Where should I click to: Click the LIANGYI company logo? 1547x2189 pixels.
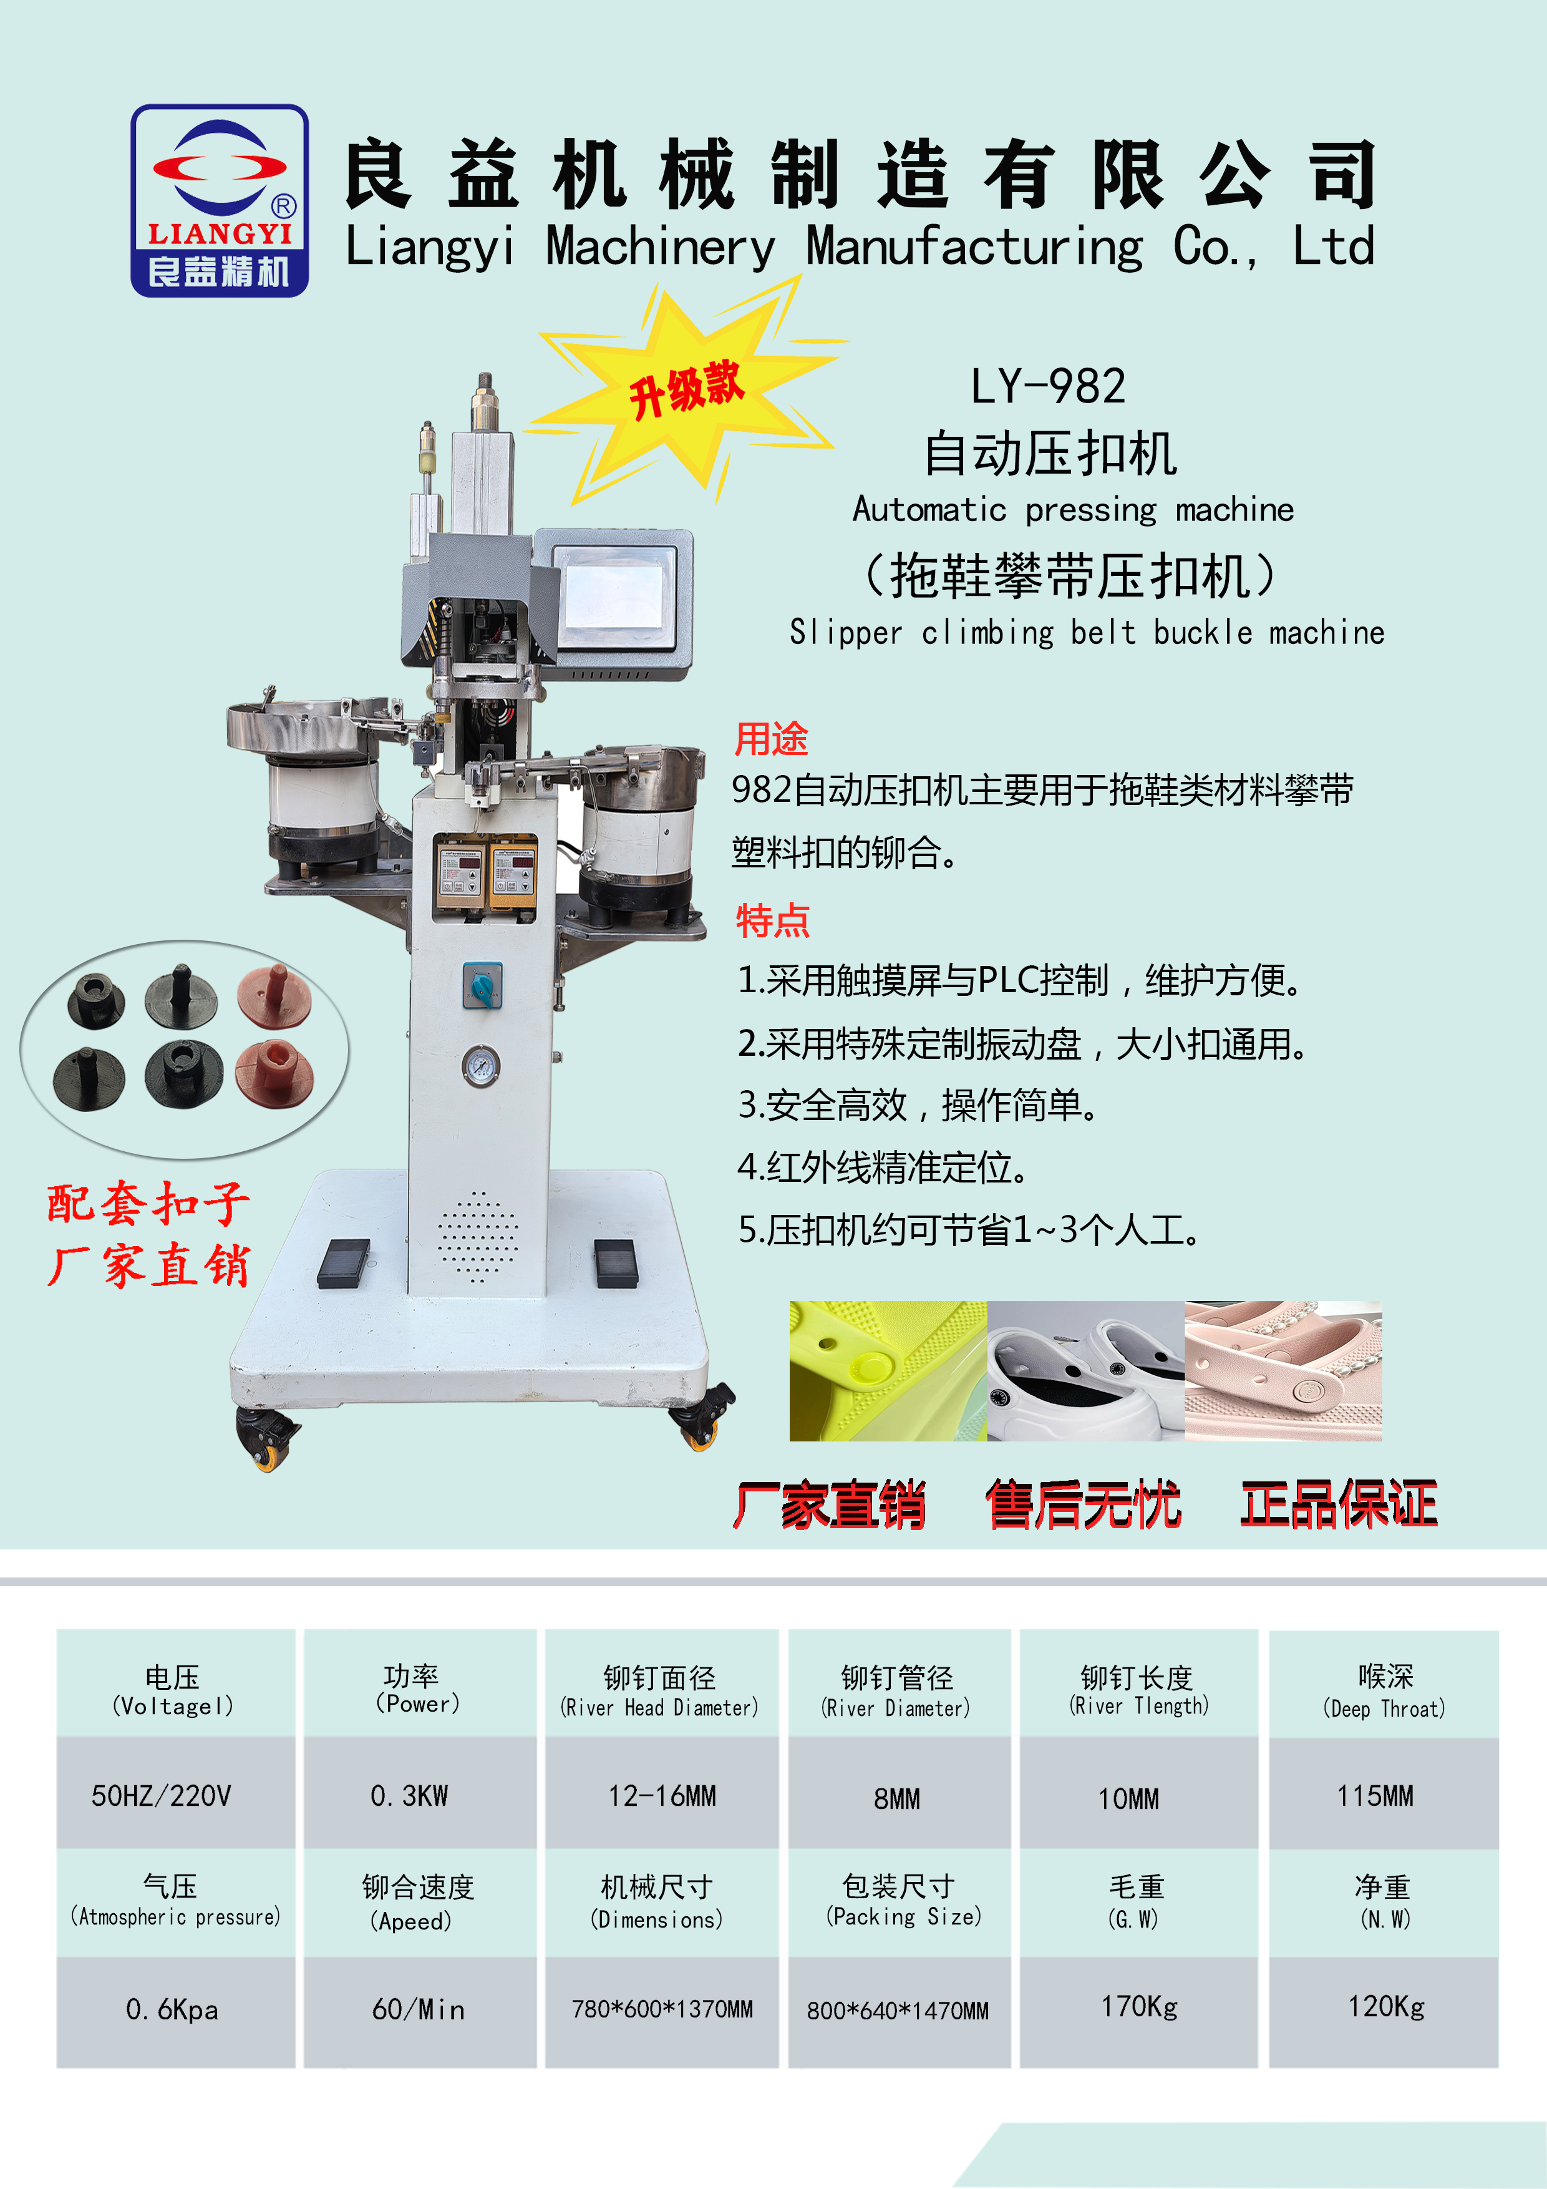[x=219, y=200]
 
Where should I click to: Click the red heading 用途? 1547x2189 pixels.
[x=771, y=739]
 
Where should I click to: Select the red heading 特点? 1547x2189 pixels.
[x=772, y=920]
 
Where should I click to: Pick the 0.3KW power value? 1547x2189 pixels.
[x=409, y=1797]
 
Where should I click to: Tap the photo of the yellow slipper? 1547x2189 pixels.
[x=888, y=1370]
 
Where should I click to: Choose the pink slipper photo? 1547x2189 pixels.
[x=1283, y=1370]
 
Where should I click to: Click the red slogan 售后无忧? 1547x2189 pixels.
[x=1083, y=1504]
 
